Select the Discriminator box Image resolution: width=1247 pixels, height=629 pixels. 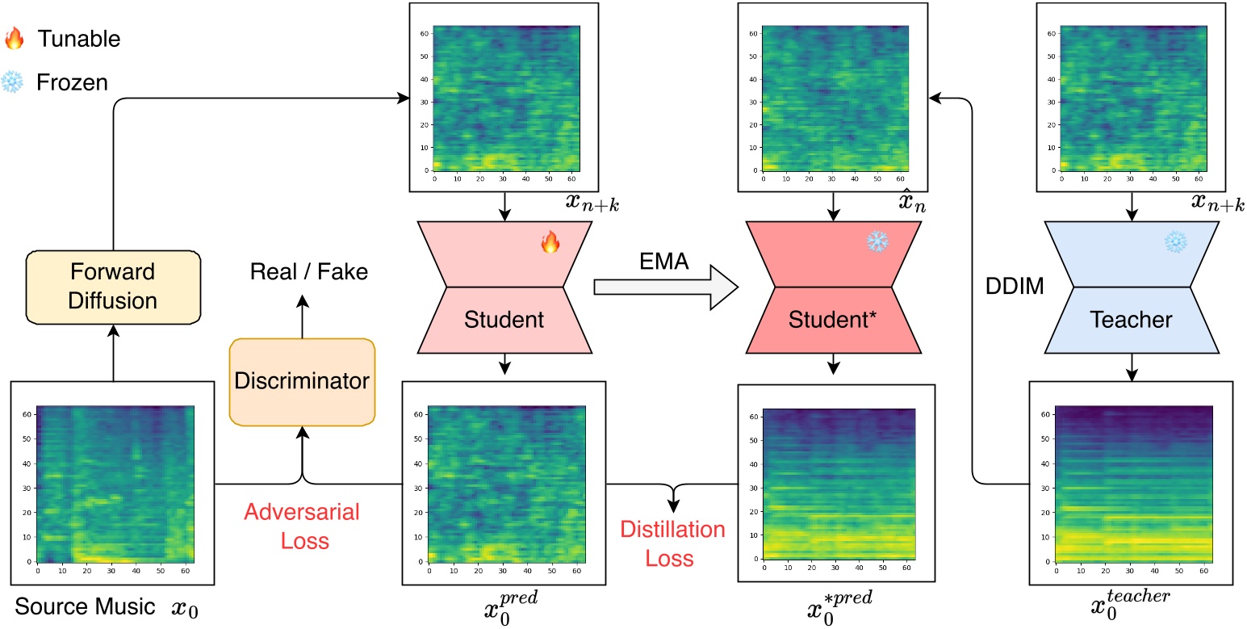pos(303,382)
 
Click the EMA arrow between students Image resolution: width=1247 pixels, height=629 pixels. pos(665,287)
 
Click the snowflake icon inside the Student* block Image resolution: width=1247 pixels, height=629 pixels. pos(877,241)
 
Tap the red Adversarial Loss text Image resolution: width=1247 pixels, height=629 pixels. pos(302,525)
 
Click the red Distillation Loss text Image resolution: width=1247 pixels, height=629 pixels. pos(672,543)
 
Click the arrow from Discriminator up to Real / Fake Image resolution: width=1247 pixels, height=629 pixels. pos(303,317)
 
